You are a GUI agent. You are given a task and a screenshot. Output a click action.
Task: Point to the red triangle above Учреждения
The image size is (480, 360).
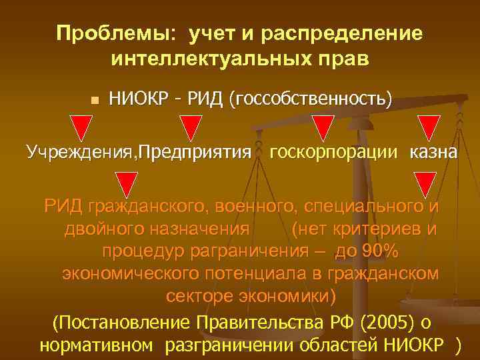[82, 127]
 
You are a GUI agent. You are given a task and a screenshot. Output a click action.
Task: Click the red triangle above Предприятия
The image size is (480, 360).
[191, 127]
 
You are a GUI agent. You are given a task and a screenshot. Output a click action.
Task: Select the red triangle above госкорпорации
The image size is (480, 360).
[323, 127]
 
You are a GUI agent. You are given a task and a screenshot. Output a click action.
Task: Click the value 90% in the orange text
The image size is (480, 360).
[377, 252]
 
